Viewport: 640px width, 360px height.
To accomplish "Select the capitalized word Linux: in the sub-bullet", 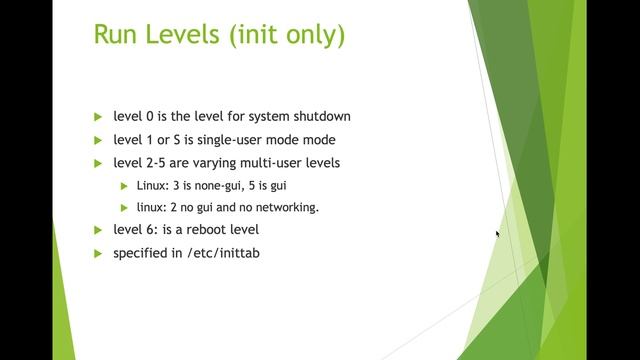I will (155, 185).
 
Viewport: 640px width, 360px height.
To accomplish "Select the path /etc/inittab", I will (223, 253).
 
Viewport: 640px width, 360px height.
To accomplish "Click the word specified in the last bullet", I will (141, 253).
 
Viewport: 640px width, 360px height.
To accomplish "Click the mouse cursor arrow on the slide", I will (498, 234).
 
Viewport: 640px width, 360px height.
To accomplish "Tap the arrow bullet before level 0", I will (98, 116).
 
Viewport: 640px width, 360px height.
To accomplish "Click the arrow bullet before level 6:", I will (98, 230).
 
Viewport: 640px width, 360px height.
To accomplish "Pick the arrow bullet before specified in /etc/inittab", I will (98, 253).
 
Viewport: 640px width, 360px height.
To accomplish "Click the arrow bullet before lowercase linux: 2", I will (125, 207).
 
